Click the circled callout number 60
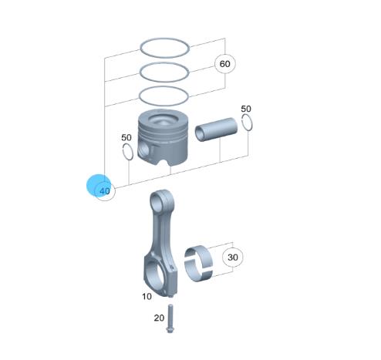pyautogui.click(x=225, y=64)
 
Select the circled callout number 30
pyautogui.click(x=233, y=257)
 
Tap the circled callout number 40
pyautogui.click(x=105, y=191)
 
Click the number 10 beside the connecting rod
pyautogui.click(x=147, y=297)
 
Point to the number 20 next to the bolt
pyautogui.click(x=159, y=318)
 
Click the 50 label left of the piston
pyautogui.click(x=126, y=137)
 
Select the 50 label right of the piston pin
pyautogui.click(x=246, y=109)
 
